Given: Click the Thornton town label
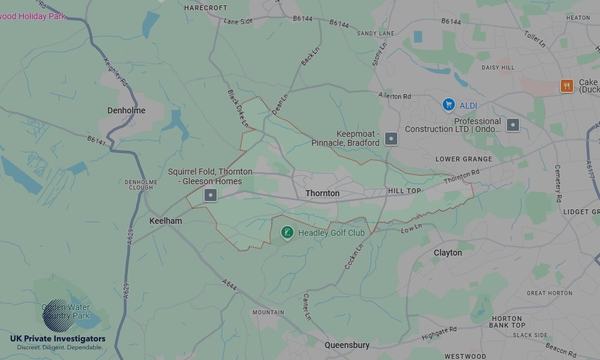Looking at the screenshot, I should pos(322,193).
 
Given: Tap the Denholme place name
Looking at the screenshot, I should pos(126,110).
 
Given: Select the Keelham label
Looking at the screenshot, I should pos(166,221).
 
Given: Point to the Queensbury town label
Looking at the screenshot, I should pos(347,345).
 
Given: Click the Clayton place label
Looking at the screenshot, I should pos(448,253).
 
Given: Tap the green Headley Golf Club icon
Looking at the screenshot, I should pos(287,232).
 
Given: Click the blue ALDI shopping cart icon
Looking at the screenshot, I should pos(448,105).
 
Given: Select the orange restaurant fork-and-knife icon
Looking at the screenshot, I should pos(566,86).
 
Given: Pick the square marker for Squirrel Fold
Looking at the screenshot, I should pos(210,195).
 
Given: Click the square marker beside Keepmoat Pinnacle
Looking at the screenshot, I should pos(391,139).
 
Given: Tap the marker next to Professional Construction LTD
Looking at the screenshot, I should pos(512,125).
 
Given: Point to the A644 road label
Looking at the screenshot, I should pos(229,286).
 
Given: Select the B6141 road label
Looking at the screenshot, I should pos(96,141).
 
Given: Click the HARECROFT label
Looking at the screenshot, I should pos(206,8).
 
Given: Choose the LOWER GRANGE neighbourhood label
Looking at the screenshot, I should pos(464,159).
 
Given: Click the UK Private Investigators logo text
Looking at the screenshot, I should pos(58,339).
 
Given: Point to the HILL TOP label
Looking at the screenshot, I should pos(404,191).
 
